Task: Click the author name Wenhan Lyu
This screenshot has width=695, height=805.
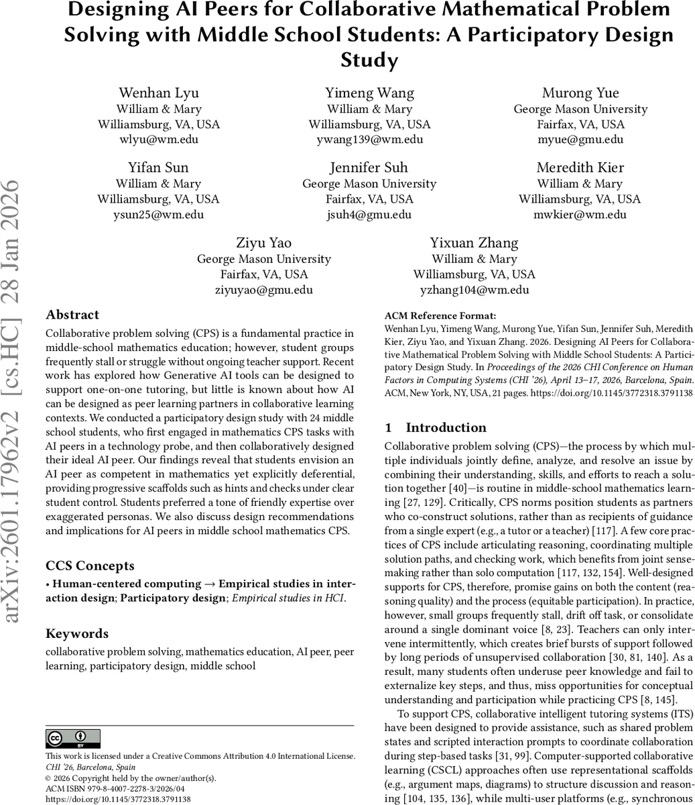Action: click(x=159, y=93)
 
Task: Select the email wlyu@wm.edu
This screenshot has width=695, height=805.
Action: click(x=159, y=140)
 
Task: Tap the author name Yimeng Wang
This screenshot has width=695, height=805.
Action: click(x=369, y=93)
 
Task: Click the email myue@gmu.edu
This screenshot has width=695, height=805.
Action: click(x=580, y=140)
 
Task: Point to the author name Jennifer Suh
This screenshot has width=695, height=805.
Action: click(x=369, y=167)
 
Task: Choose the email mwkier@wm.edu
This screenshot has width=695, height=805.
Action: click(x=580, y=215)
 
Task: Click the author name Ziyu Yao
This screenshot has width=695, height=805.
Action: click(x=264, y=242)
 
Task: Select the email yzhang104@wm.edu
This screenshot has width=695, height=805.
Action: click(x=475, y=290)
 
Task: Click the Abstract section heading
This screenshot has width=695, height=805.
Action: click(x=72, y=315)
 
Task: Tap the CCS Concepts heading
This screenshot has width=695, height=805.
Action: click(x=90, y=566)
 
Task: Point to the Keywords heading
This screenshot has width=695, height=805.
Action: click(x=77, y=633)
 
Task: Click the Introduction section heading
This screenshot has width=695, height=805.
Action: click(x=446, y=427)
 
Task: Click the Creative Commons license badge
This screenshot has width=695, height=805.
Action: click(x=73, y=739)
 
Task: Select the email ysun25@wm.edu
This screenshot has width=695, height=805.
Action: click(x=159, y=215)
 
